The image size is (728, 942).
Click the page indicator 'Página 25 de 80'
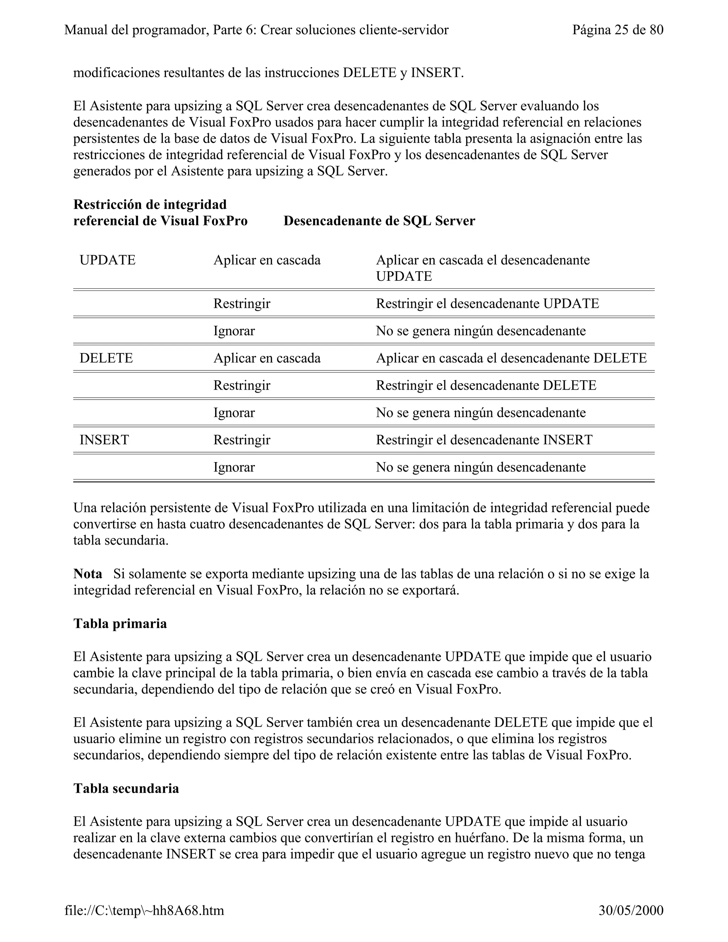point(617,30)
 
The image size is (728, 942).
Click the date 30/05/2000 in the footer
point(631,910)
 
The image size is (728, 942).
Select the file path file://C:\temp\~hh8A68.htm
point(144,910)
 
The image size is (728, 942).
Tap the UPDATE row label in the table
point(107,260)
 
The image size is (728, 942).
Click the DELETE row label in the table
point(106,358)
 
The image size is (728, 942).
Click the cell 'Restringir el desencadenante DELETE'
point(486,385)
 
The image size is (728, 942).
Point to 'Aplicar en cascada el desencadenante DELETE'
point(511,358)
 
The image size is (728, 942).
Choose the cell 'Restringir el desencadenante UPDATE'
point(487,304)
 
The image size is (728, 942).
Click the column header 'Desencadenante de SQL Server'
point(379,221)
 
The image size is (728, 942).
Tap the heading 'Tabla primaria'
point(120,624)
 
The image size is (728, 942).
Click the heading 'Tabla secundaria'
point(126,788)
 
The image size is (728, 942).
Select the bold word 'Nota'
point(87,574)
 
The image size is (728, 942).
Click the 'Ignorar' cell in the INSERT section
point(234,467)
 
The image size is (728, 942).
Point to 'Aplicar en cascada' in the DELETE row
point(267,358)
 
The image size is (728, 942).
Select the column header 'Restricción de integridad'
point(150,204)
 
